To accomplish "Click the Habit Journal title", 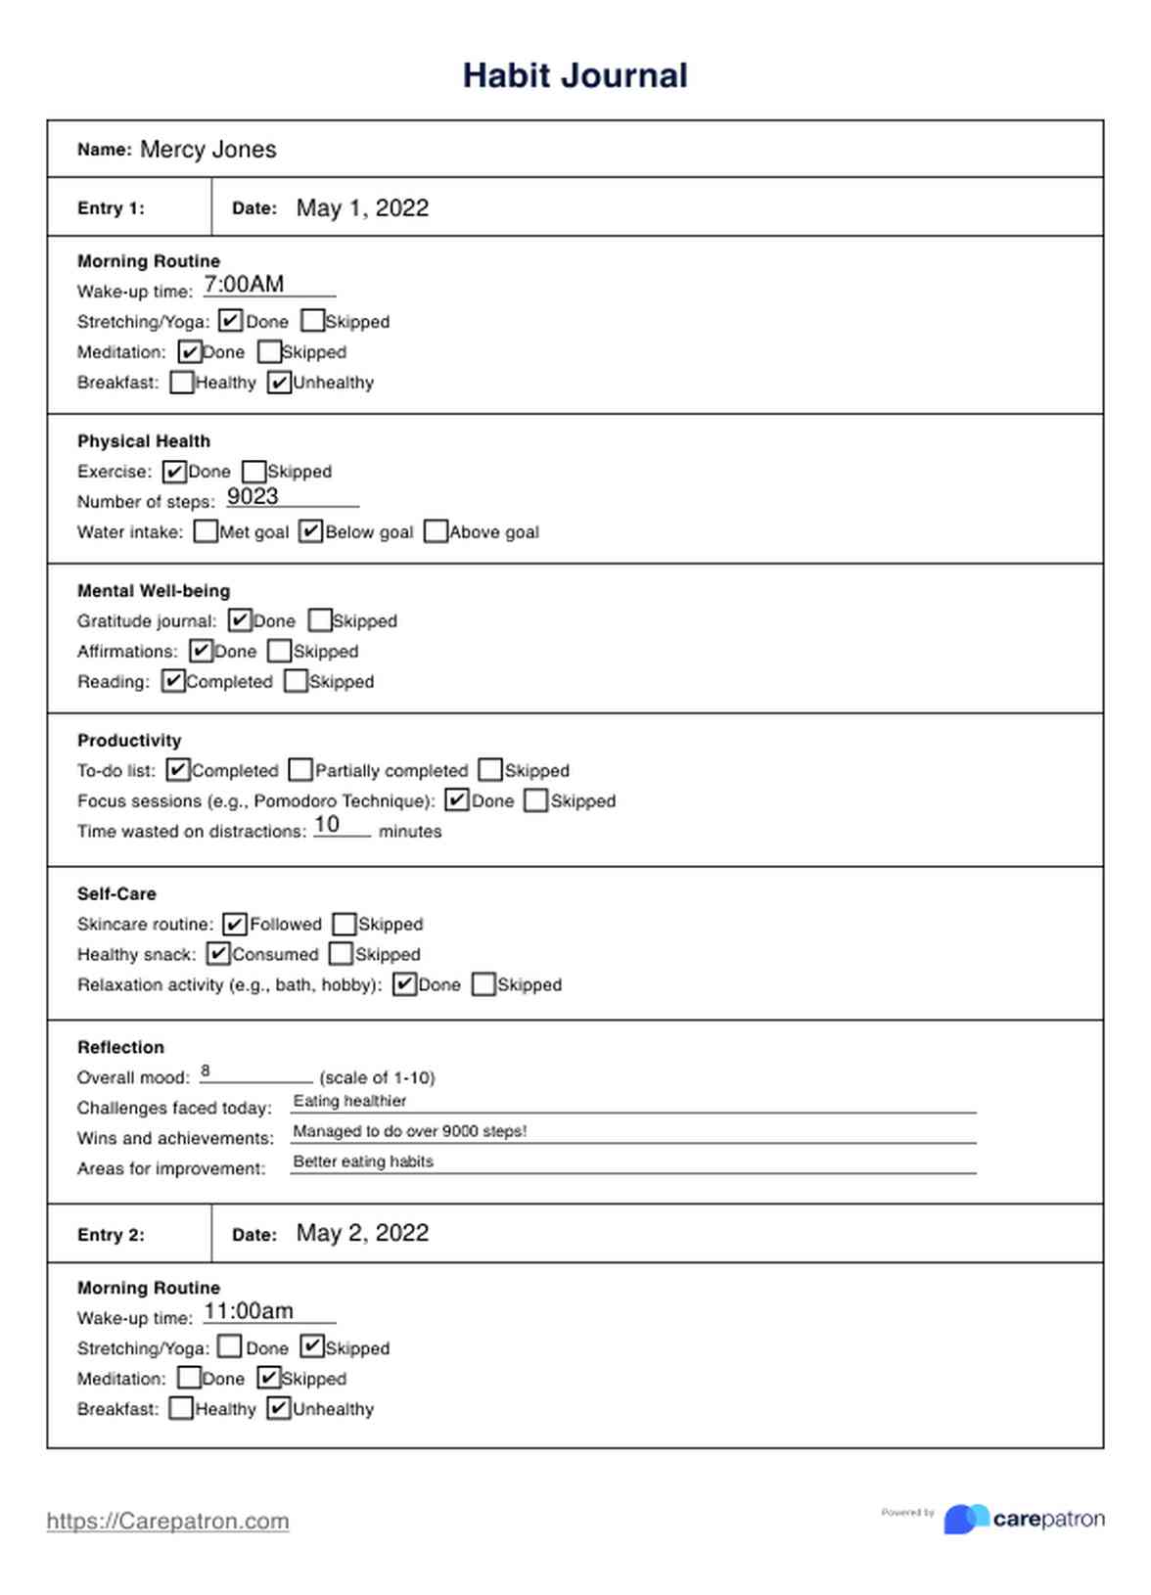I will [575, 75].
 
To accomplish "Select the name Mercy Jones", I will [207, 150].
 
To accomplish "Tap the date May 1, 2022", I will [362, 208].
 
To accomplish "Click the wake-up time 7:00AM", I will [244, 285].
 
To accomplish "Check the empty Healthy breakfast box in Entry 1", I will [181, 383].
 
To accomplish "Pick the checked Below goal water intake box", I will [311, 531].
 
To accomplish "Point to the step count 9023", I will [253, 497].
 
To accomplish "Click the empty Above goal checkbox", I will [436, 531].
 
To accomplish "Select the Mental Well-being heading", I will [154, 591].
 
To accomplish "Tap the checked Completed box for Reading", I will [173, 681].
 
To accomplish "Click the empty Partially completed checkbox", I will [301, 770].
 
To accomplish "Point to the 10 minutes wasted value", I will [327, 825].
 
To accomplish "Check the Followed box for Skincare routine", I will [235, 924].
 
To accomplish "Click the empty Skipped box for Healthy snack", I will [341, 954].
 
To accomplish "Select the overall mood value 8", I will [206, 1071].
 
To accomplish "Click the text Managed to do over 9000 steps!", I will [409, 1131].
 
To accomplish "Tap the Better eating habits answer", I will [363, 1162].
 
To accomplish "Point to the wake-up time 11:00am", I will [249, 1311].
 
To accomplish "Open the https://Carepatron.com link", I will [167, 1521].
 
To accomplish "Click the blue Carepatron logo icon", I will [966, 1519].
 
